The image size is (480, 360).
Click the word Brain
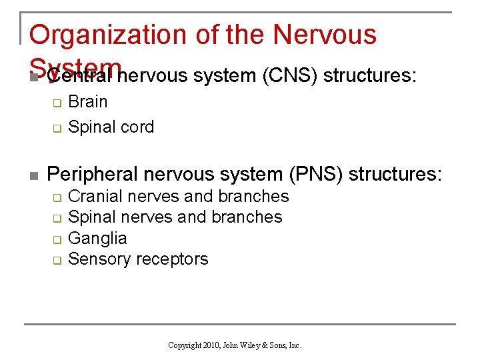[x=87, y=102]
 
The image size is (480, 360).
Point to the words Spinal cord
[x=111, y=127]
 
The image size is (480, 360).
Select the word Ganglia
[x=97, y=238]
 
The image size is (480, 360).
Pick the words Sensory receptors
[x=138, y=259]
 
